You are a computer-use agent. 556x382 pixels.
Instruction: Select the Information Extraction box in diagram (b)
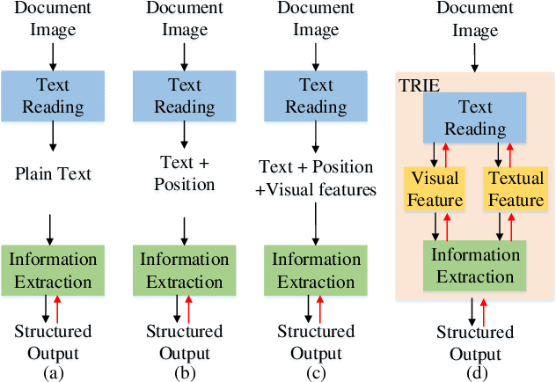coord(184,271)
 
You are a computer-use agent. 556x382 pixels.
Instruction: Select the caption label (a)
coord(52,371)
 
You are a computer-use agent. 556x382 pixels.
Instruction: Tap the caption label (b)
coord(184,371)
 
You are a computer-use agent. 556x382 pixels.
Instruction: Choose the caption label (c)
coord(316,371)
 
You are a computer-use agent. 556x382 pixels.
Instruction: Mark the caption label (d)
coord(475,371)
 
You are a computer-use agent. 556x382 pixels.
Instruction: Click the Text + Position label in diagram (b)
coord(184,173)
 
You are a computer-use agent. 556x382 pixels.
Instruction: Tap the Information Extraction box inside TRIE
coord(475,266)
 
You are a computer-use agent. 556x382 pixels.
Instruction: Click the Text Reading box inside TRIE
coord(475,119)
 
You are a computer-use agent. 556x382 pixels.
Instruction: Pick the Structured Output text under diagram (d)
coord(475,342)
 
